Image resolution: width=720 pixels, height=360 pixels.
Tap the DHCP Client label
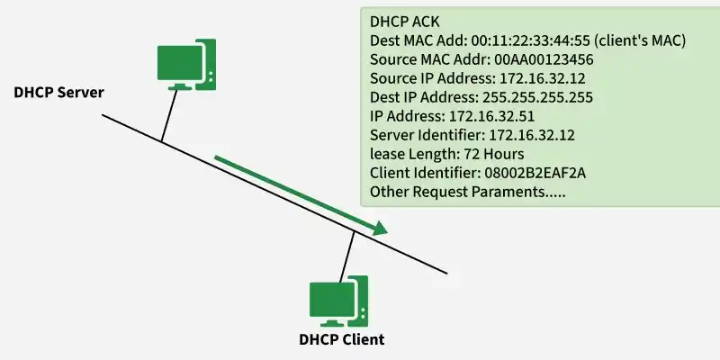[x=341, y=339]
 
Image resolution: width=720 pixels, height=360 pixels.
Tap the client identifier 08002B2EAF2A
[x=531, y=174]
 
